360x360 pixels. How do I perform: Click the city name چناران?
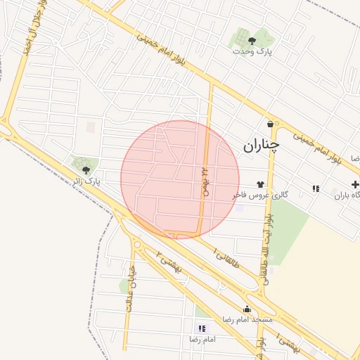262,146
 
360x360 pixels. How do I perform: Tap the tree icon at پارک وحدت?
252,41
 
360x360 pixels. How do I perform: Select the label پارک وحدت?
252,51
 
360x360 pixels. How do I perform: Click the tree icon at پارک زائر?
86,169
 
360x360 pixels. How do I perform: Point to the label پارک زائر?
86,181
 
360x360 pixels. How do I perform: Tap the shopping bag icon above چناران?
269,124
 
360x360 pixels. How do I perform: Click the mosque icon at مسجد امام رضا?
247,309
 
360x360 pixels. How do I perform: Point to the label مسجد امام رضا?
247,319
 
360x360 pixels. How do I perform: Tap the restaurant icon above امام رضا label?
202,328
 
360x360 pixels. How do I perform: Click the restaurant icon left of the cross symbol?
316,188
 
